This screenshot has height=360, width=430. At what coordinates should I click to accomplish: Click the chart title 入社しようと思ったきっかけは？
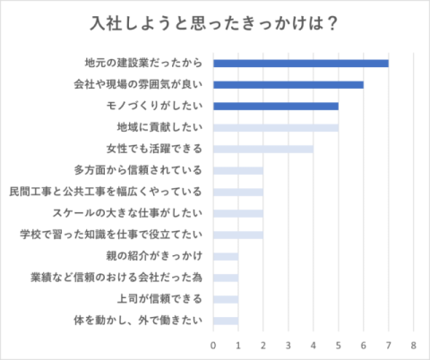214,23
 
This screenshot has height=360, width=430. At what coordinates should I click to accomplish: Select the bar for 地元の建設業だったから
301,64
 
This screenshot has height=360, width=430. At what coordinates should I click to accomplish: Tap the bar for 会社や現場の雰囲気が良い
288,85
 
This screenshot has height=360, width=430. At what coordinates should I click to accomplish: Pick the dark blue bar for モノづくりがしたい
276,107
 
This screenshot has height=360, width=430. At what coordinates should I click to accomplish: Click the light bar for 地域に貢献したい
276,128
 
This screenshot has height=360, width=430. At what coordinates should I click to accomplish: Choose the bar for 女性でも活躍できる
263,150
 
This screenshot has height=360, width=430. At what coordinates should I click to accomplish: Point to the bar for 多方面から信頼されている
238,171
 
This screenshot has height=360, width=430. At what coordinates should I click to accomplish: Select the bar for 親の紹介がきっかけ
226,256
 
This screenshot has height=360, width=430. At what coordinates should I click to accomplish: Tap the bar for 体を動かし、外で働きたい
226,321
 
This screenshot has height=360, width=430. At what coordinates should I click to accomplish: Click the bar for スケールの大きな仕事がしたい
238,213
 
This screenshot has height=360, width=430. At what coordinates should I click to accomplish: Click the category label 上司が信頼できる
159,299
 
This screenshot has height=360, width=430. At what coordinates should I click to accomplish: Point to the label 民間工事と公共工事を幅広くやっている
106,192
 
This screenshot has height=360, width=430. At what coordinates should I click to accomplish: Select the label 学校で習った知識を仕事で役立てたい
111,235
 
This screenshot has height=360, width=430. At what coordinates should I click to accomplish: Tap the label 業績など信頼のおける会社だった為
116,278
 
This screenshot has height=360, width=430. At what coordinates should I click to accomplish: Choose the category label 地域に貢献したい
159,127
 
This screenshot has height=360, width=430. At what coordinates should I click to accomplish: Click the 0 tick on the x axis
213,346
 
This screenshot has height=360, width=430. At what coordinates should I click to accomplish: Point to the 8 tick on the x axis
413,346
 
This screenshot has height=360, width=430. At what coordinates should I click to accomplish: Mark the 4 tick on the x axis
314,346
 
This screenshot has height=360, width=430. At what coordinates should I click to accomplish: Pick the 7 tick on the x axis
388,346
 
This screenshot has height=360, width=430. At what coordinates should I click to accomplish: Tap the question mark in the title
332,23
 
